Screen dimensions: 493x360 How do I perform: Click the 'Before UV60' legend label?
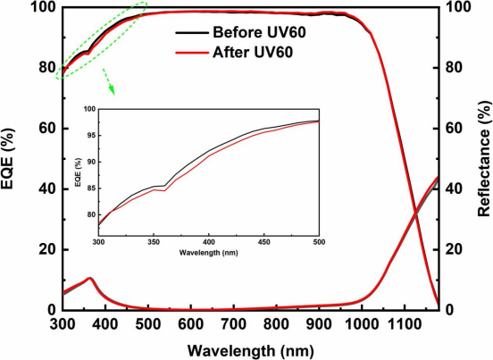click(259, 32)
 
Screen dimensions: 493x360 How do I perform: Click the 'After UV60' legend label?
click(253, 52)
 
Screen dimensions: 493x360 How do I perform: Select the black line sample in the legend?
click(192, 33)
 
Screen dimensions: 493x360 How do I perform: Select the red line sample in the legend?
click(192, 53)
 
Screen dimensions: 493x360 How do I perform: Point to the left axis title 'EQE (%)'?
click(8, 158)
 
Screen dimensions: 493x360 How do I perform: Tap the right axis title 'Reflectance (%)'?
click(484, 159)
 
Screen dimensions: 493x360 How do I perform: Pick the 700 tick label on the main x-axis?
click(233, 324)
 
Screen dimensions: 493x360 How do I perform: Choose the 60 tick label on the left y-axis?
click(46, 129)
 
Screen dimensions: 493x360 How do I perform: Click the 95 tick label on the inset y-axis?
click(90, 136)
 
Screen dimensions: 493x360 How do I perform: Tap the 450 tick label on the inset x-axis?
click(263, 242)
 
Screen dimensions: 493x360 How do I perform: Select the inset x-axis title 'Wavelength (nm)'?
click(208, 253)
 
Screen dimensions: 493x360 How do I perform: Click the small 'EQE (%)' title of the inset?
click(79, 173)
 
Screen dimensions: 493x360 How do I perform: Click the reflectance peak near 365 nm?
click(90, 278)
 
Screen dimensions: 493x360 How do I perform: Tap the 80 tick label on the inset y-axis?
click(90, 214)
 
